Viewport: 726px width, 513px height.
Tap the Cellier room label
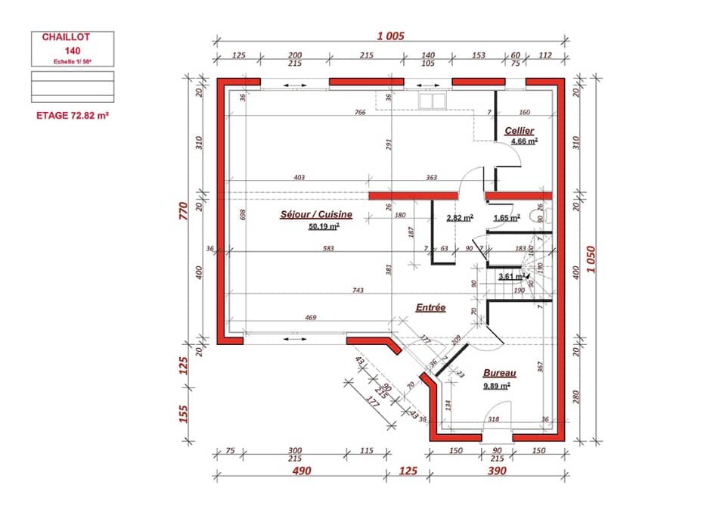click(x=520, y=131)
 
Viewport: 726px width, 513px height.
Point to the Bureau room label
click(x=499, y=374)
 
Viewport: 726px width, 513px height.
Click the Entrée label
click(x=430, y=307)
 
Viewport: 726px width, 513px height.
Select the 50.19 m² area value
click(x=324, y=225)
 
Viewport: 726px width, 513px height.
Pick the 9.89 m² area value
click(x=496, y=385)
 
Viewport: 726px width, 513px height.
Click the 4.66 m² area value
click(x=523, y=141)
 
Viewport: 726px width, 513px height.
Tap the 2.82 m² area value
click(x=459, y=218)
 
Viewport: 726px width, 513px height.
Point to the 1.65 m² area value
click(x=506, y=218)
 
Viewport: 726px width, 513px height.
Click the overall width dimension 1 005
click(x=391, y=36)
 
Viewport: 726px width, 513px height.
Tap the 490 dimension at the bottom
click(x=302, y=472)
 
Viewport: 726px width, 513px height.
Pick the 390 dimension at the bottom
click(x=497, y=472)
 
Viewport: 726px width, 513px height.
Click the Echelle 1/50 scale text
click(x=73, y=61)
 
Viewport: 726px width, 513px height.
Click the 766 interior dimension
click(x=360, y=113)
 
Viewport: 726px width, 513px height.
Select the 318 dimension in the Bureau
click(x=493, y=418)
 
